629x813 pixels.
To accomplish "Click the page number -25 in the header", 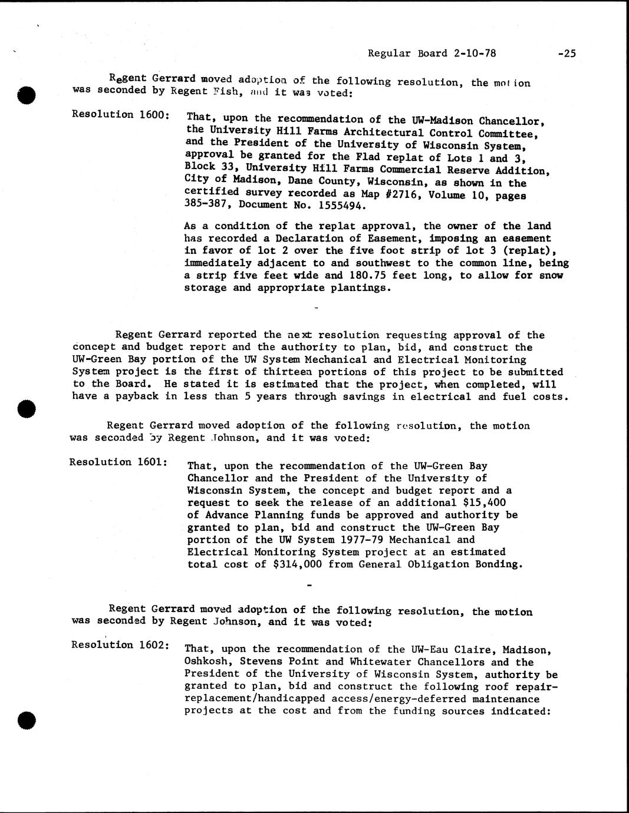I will pos(566,54).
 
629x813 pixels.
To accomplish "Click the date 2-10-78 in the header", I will pos(475,54).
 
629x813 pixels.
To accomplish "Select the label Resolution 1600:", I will pos(120,114).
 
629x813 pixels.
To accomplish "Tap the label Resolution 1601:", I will pos(118,462).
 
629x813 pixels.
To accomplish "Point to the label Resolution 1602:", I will pos(120,645).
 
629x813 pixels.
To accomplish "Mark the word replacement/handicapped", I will pos(254,699).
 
